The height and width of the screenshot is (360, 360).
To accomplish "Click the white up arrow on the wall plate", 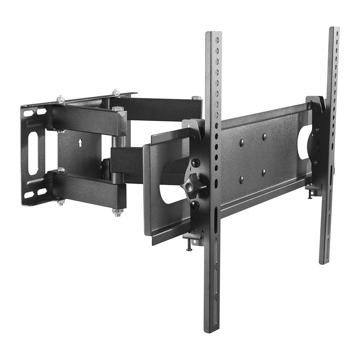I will click(80, 142).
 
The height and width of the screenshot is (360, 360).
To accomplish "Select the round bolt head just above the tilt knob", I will click(195, 163).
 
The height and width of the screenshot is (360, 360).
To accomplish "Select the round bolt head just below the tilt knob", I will click(195, 204).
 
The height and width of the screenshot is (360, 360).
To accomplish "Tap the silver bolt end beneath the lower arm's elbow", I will click(118, 212).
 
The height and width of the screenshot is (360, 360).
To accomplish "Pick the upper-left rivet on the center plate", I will click(242, 142).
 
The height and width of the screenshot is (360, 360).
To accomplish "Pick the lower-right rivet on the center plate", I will click(264, 173).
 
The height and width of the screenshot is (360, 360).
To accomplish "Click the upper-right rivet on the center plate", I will click(264, 137).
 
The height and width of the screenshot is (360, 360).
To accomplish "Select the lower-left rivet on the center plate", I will click(242, 180).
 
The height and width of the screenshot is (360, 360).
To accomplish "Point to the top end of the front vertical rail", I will click(213, 34).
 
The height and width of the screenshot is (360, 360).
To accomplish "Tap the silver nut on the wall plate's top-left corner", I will click(60, 99).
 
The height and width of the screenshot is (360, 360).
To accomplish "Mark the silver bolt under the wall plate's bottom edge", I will click(61, 202).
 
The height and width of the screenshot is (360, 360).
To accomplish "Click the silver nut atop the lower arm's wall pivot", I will click(61, 170).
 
